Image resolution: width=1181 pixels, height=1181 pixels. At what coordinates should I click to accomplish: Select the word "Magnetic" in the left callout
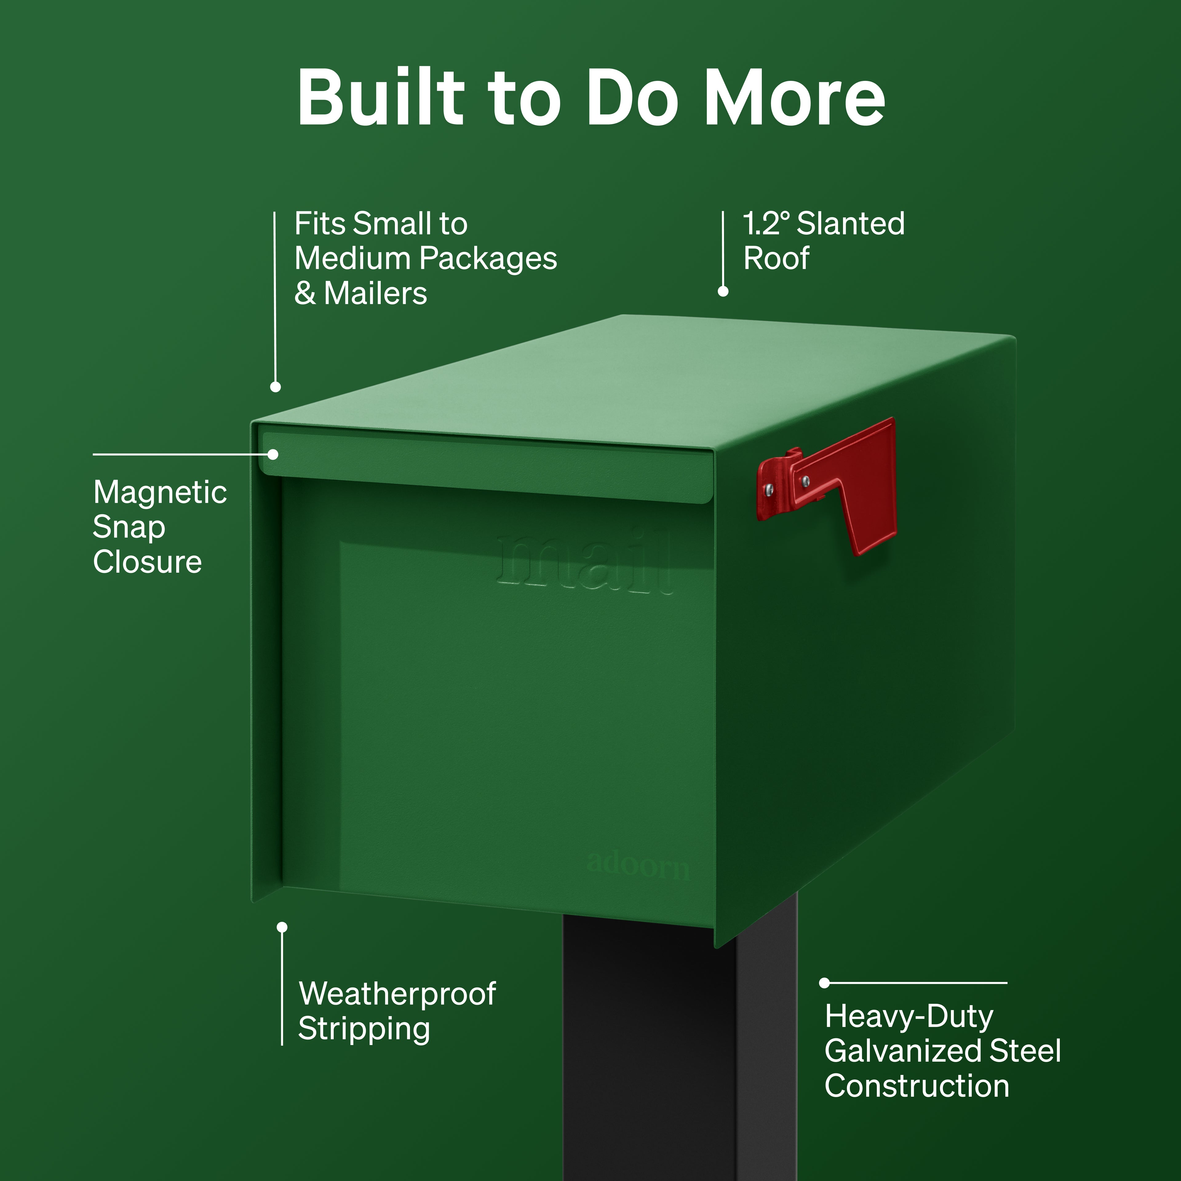click(x=160, y=492)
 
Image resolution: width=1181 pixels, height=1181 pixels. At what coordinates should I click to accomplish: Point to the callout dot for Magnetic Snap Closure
click(x=273, y=454)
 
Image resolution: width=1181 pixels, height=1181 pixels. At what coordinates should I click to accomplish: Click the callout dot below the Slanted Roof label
click(x=723, y=292)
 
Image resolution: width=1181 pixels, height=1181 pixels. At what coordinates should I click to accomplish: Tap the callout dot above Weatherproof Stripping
click(x=282, y=927)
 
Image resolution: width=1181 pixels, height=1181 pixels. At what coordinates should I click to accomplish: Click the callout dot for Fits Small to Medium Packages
click(x=276, y=387)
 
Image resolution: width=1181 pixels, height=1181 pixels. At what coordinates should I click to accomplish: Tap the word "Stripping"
click(x=364, y=1029)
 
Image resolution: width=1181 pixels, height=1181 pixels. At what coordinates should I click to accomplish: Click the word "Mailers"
click(x=375, y=293)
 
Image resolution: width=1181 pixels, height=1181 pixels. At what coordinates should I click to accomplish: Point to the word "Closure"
click(x=147, y=562)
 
